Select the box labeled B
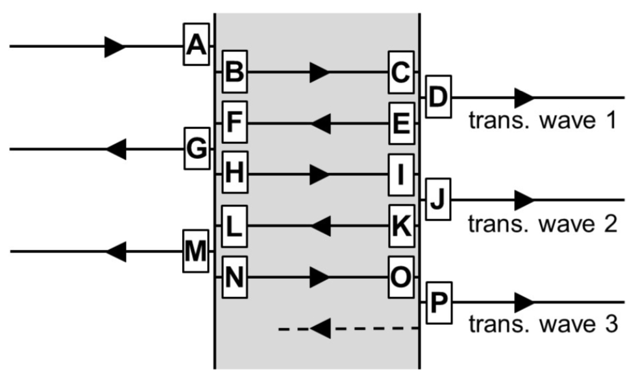(x=234, y=71)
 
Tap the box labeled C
(x=401, y=71)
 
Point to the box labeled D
(x=438, y=97)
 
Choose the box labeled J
(x=438, y=199)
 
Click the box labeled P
(x=438, y=302)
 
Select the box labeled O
(x=401, y=277)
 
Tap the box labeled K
(x=401, y=225)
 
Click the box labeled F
(x=234, y=123)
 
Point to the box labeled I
(x=401, y=174)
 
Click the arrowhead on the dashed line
(x=320, y=328)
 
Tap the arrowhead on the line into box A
(x=115, y=46)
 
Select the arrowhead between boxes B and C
(x=319, y=71)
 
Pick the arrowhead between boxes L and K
(x=320, y=226)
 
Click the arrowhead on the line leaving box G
(x=116, y=149)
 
